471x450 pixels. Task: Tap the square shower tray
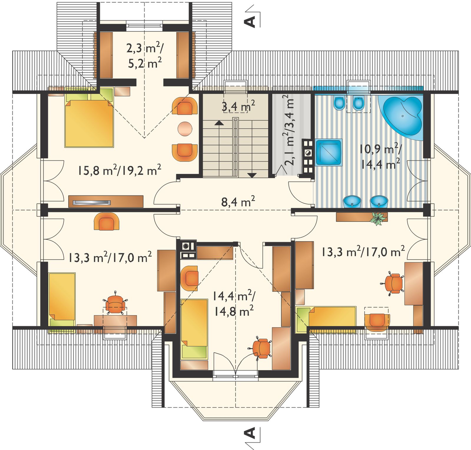[329, 152]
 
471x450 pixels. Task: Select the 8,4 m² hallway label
[238, 202]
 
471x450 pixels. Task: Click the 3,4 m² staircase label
[238, 106]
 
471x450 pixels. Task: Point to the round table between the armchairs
[185, 129]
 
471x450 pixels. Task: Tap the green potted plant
[378, 218]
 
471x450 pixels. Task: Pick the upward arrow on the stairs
[219, 123]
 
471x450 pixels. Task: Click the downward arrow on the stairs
[252, 175]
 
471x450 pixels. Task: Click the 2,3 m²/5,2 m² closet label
[145, 55]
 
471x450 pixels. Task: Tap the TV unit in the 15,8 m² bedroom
[106, 201]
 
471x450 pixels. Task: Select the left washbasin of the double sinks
[352, 202]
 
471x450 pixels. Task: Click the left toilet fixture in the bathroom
[339, 103]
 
